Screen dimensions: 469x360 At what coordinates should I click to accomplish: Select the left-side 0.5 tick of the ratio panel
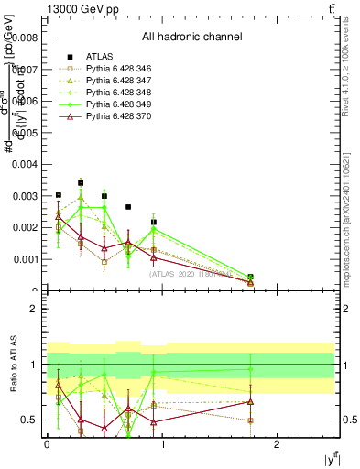(29, 420)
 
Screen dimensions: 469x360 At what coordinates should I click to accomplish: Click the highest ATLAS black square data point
(81, 183)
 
